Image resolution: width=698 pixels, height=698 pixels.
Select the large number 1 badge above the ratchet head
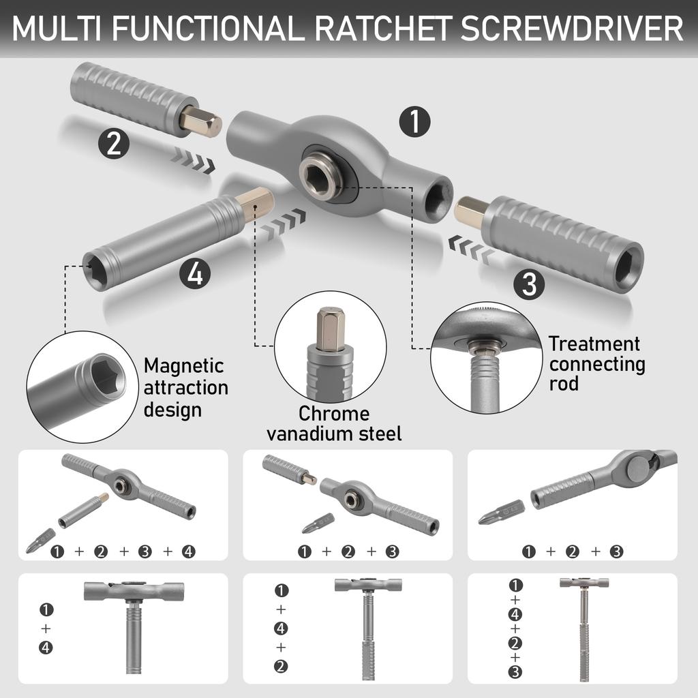[x=414, y=123]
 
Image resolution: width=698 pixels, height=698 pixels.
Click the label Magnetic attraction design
[x=185, y=388]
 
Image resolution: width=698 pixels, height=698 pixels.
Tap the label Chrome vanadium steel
[x=334, y=423]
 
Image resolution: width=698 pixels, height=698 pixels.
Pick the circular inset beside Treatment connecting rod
[x=486, y=357]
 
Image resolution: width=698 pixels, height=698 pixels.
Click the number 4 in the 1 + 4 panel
[x=46, y=648]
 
